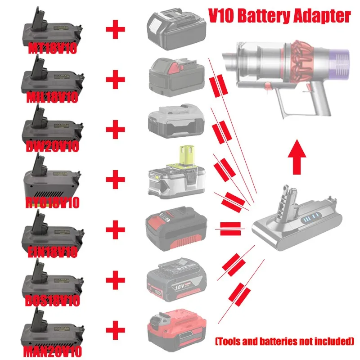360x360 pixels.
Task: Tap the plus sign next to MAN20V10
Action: tap(116, 331)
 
